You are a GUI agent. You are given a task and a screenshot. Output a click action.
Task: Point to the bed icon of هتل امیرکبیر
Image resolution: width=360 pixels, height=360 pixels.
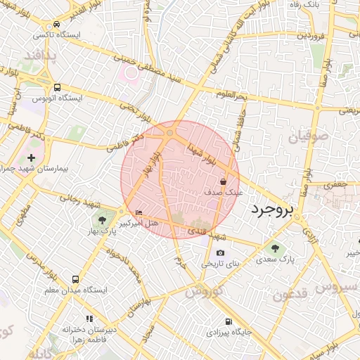coord(139,212)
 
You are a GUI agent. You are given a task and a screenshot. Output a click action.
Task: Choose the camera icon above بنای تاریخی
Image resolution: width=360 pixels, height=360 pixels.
coord(221,253)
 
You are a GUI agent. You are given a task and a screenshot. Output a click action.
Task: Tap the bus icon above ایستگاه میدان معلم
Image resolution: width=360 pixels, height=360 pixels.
coord(75,279)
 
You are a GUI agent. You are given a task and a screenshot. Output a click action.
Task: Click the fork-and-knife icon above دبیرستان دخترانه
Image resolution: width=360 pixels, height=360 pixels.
coord(89,318)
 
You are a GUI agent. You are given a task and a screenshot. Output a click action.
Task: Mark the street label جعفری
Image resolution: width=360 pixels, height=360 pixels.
coord(340,184)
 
